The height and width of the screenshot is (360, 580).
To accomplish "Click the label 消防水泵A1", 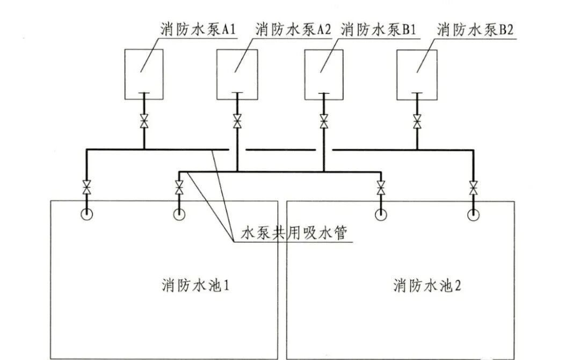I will pos(195,30).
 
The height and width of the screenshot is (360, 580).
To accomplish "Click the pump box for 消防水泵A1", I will pos(144,74).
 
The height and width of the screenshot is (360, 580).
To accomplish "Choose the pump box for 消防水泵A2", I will pos(237,74).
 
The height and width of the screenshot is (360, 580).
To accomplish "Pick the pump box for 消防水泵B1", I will pos(324,74).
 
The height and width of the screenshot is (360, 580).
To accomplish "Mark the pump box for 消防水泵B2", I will pos(417,74).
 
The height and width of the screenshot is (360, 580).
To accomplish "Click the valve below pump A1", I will pos(144,121).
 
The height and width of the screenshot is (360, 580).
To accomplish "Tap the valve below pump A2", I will pos(237,121).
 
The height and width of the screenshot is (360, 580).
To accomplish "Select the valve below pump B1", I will pos(324,121).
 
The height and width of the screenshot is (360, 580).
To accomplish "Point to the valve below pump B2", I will pos(417,121).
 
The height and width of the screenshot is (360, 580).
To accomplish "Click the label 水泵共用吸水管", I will pos(294,234).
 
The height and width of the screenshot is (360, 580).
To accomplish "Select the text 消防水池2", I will pos(427,285).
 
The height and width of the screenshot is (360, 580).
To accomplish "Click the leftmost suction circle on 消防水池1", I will pos(86,214).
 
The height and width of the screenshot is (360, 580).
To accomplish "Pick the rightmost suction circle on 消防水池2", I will pos(473,215).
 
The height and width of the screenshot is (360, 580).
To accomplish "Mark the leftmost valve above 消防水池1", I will pos(86,188).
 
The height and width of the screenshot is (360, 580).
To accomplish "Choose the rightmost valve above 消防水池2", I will pos(473,188).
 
